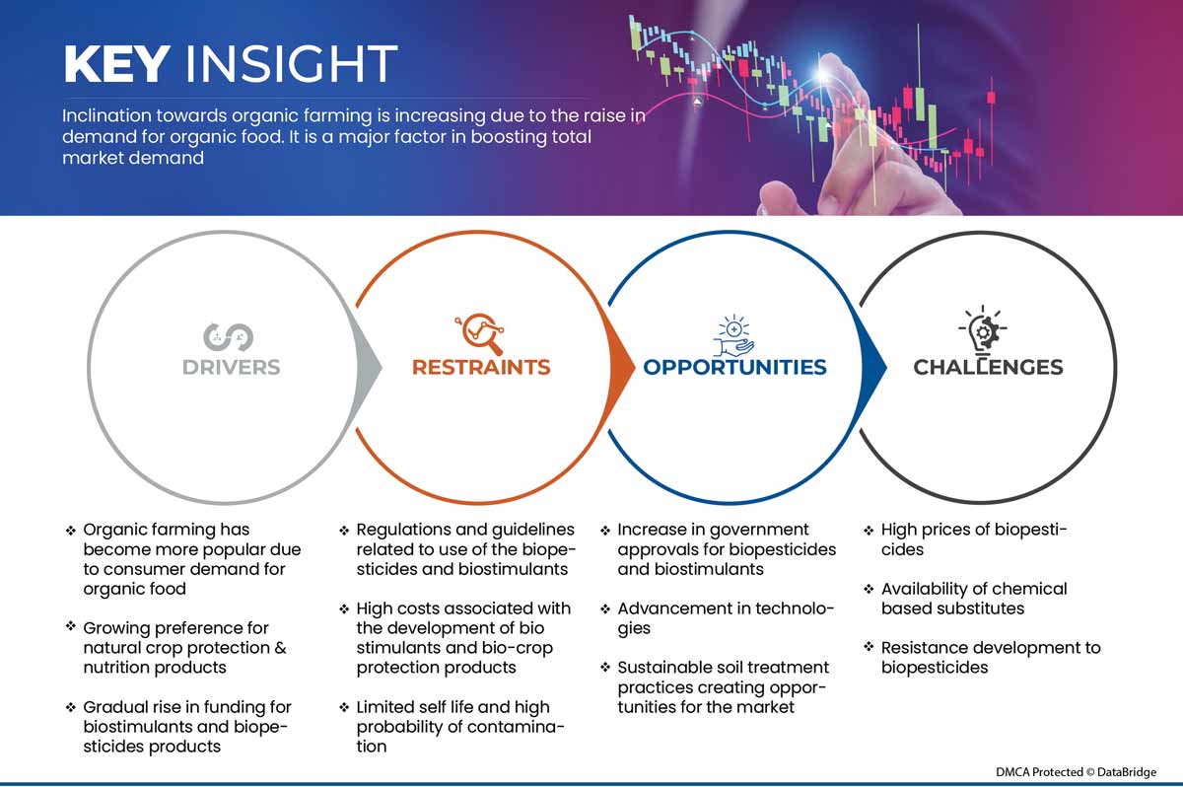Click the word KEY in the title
(116, 64)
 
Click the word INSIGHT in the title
(291, 64)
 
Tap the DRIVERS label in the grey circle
(231, 367)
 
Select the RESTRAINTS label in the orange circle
(481, 367)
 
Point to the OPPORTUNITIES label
(734, 367)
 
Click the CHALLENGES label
(988, 367)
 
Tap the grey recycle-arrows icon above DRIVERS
(228, 336)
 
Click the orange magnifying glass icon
(480, 333)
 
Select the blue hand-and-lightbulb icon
(733, 336)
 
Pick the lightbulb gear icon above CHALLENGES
(983, 329)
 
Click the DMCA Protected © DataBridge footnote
(1076, 772)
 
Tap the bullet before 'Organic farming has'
(71, 531)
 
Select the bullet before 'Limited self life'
(344, 708)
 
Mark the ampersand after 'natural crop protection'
(280, 648)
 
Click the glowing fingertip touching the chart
(824, 74)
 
